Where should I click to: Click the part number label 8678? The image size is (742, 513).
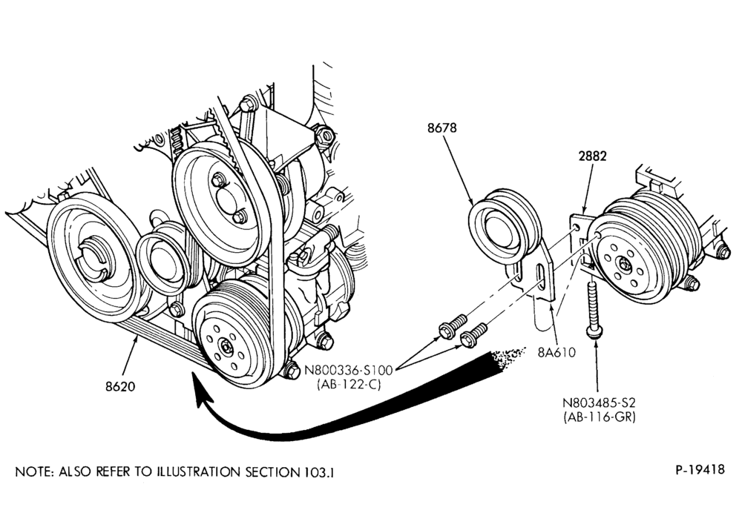pyautogui.click(x=442, y=128)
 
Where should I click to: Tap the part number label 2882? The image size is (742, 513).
pyautogui.click(x=592, y=156)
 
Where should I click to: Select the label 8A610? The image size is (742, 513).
pyautogui.click(x=556, y=352)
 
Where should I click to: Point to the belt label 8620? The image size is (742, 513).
pyautogui.click(x=120, y=386)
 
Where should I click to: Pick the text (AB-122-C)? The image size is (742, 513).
pyautogui.click(x=349, y=385)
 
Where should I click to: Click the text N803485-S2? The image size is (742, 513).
pyautogui.click(x=599, y=403)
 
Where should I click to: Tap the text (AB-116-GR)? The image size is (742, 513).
pyautogui.click(x=599, y=417)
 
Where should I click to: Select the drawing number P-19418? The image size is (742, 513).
pyautogui.click(x=700, y=469)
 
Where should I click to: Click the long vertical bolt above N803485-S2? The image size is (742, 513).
pyautogui.click(x=593, y=308)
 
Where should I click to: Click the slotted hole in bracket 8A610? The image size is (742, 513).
pyautogui.click(x=540, y=279)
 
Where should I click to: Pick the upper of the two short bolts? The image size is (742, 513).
pyautogui.click(x=453, y=327)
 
